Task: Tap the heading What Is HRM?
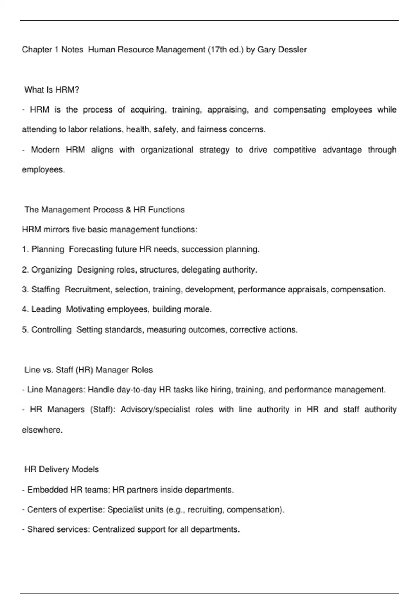[x=52, y=90]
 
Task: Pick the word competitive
[x=294, y=150]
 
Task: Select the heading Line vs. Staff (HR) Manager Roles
[x=88, y=370]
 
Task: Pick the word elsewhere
[x=42, y=430]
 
